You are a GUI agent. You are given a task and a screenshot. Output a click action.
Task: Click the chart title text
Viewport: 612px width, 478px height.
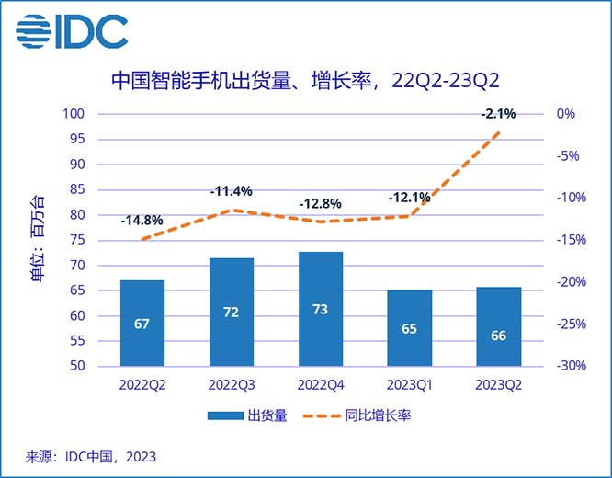(306, 80)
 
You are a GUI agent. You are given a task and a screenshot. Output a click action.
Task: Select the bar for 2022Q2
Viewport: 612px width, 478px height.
(142, 323)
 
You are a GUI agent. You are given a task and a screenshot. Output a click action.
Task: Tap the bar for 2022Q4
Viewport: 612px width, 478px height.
(321, 308)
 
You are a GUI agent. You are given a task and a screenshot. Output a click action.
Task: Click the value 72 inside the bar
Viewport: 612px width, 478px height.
(232, 312)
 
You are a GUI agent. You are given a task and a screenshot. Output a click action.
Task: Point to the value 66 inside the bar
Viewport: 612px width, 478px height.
(498, 336)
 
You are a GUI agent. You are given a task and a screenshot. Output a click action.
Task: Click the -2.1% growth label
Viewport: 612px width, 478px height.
(498, 114)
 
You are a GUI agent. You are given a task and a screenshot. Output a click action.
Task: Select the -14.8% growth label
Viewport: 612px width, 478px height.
(142, 221)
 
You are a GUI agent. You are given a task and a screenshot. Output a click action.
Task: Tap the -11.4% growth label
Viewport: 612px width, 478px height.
(231, 192)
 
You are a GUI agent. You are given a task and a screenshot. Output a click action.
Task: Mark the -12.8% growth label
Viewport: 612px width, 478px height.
(320, 203)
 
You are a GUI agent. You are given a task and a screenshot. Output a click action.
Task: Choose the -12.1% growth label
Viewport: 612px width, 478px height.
(409, 198)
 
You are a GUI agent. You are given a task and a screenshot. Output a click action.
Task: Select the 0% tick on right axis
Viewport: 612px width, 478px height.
(565, 114)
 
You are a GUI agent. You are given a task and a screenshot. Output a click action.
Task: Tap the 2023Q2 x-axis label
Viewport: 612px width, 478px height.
(498, 384)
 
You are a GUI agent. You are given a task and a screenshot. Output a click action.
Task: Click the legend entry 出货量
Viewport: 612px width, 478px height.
(248, 416)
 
